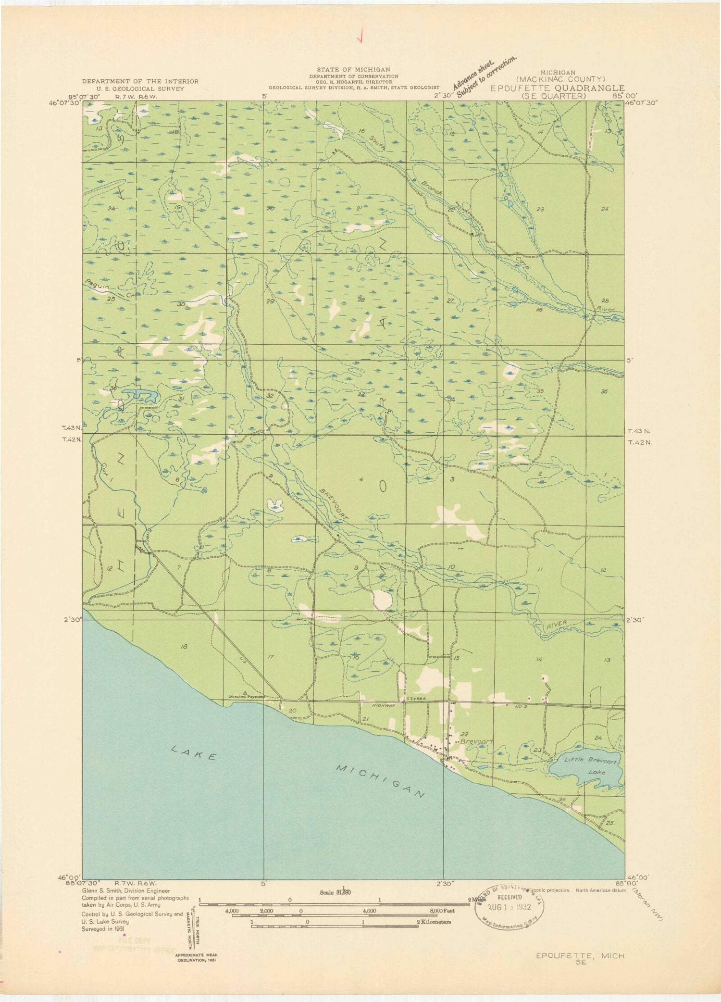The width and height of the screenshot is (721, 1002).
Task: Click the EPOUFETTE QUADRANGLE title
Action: point(558,88)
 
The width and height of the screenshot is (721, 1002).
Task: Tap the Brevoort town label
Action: point(476,742)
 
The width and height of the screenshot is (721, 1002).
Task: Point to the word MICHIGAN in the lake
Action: point(380,781)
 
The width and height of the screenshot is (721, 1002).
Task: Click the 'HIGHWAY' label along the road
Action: point(384,706)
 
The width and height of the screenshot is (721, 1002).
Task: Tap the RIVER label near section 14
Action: point(558,624)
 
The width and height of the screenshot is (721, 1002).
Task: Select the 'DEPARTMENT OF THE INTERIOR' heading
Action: point(140,82)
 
